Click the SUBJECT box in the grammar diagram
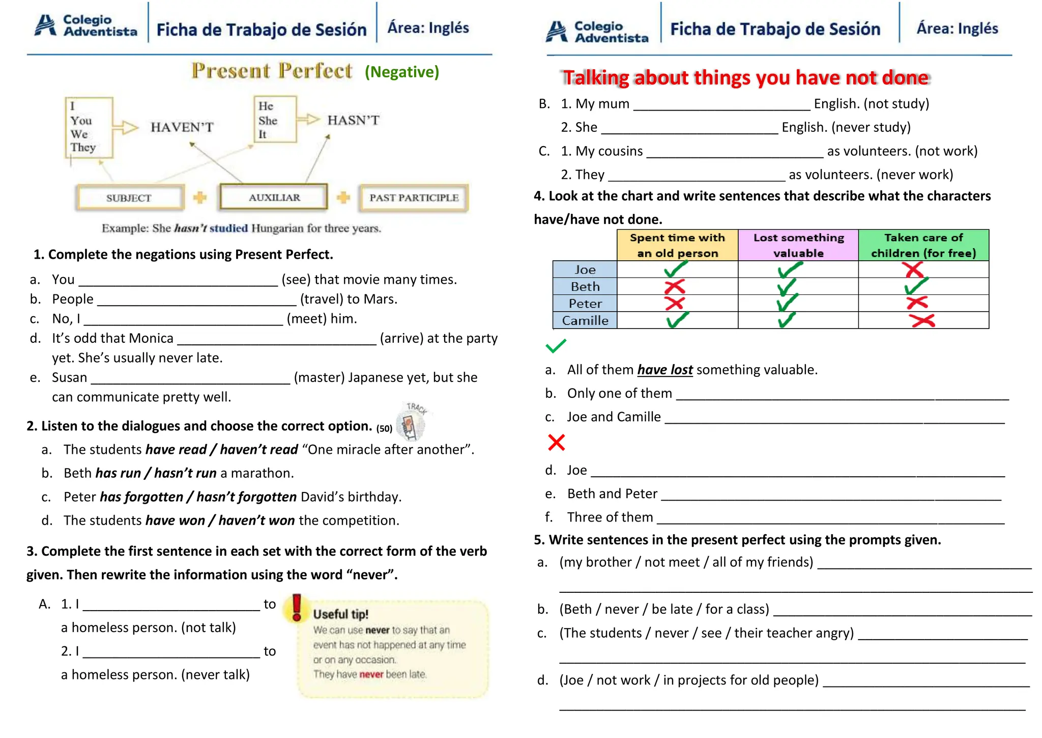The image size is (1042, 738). tap(129, 198)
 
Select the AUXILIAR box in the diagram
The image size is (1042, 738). tap(274, 197)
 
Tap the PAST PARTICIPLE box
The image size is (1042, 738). tap(414, 198)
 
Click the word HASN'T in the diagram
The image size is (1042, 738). tap(353, 120)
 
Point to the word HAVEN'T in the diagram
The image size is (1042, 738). tap(182, 127)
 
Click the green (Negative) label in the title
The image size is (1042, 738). tap(401, 72)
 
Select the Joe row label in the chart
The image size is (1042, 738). tap(585, 269)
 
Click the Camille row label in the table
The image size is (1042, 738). tap(585, 320)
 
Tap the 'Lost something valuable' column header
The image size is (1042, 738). tap(798, 245)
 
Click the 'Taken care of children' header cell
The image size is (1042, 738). tap(923, 245)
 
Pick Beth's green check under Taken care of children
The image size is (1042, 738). tap(916, 286)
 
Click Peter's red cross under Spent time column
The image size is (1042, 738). tap(675, 303)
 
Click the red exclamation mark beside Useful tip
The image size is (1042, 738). tap(297, 608)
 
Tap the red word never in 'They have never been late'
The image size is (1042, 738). tap(371, 674)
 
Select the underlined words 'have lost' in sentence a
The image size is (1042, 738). tap(664, 370)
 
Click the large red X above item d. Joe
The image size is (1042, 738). tap(556, 442)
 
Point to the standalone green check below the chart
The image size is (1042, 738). tap(556, 346)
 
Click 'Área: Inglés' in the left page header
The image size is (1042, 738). tap(428, 28)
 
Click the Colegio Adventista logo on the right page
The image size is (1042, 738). tap(596, 32)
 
